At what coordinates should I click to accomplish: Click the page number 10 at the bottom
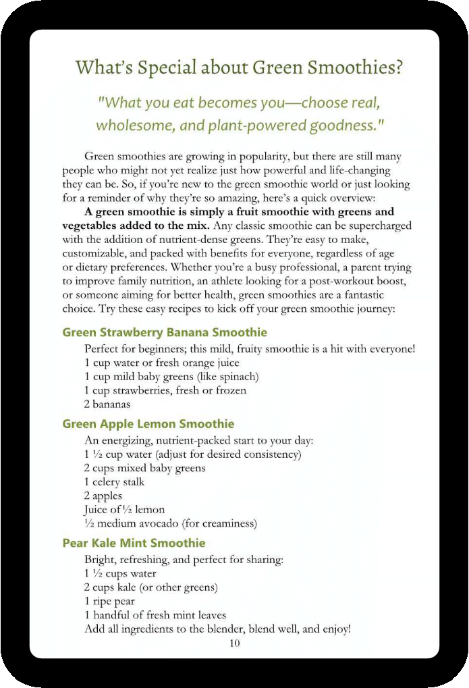pyautogui.click(x=234, y=643)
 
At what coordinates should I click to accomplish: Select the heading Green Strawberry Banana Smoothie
pyautogui.click(x=165, y=333)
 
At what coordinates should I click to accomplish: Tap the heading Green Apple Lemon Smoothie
pyautogui.click(x=148, y=424)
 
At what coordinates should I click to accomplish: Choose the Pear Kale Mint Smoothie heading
pyautogui.click(x=134, y=544)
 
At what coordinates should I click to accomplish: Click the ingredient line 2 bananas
pyautogui.click(x=107, y=404)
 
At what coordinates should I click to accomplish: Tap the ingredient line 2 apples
pyautogui.click(x=103, y=496)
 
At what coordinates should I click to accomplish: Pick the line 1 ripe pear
pyautogui.click(x=109, y=601)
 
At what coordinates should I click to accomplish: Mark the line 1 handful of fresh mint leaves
pyautogui.click(x=155, y=615)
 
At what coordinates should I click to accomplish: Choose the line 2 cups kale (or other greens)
pyautogui.click(x=150, y=587)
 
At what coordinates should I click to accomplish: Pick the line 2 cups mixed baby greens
pyautogui.click(x=144, y=468)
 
